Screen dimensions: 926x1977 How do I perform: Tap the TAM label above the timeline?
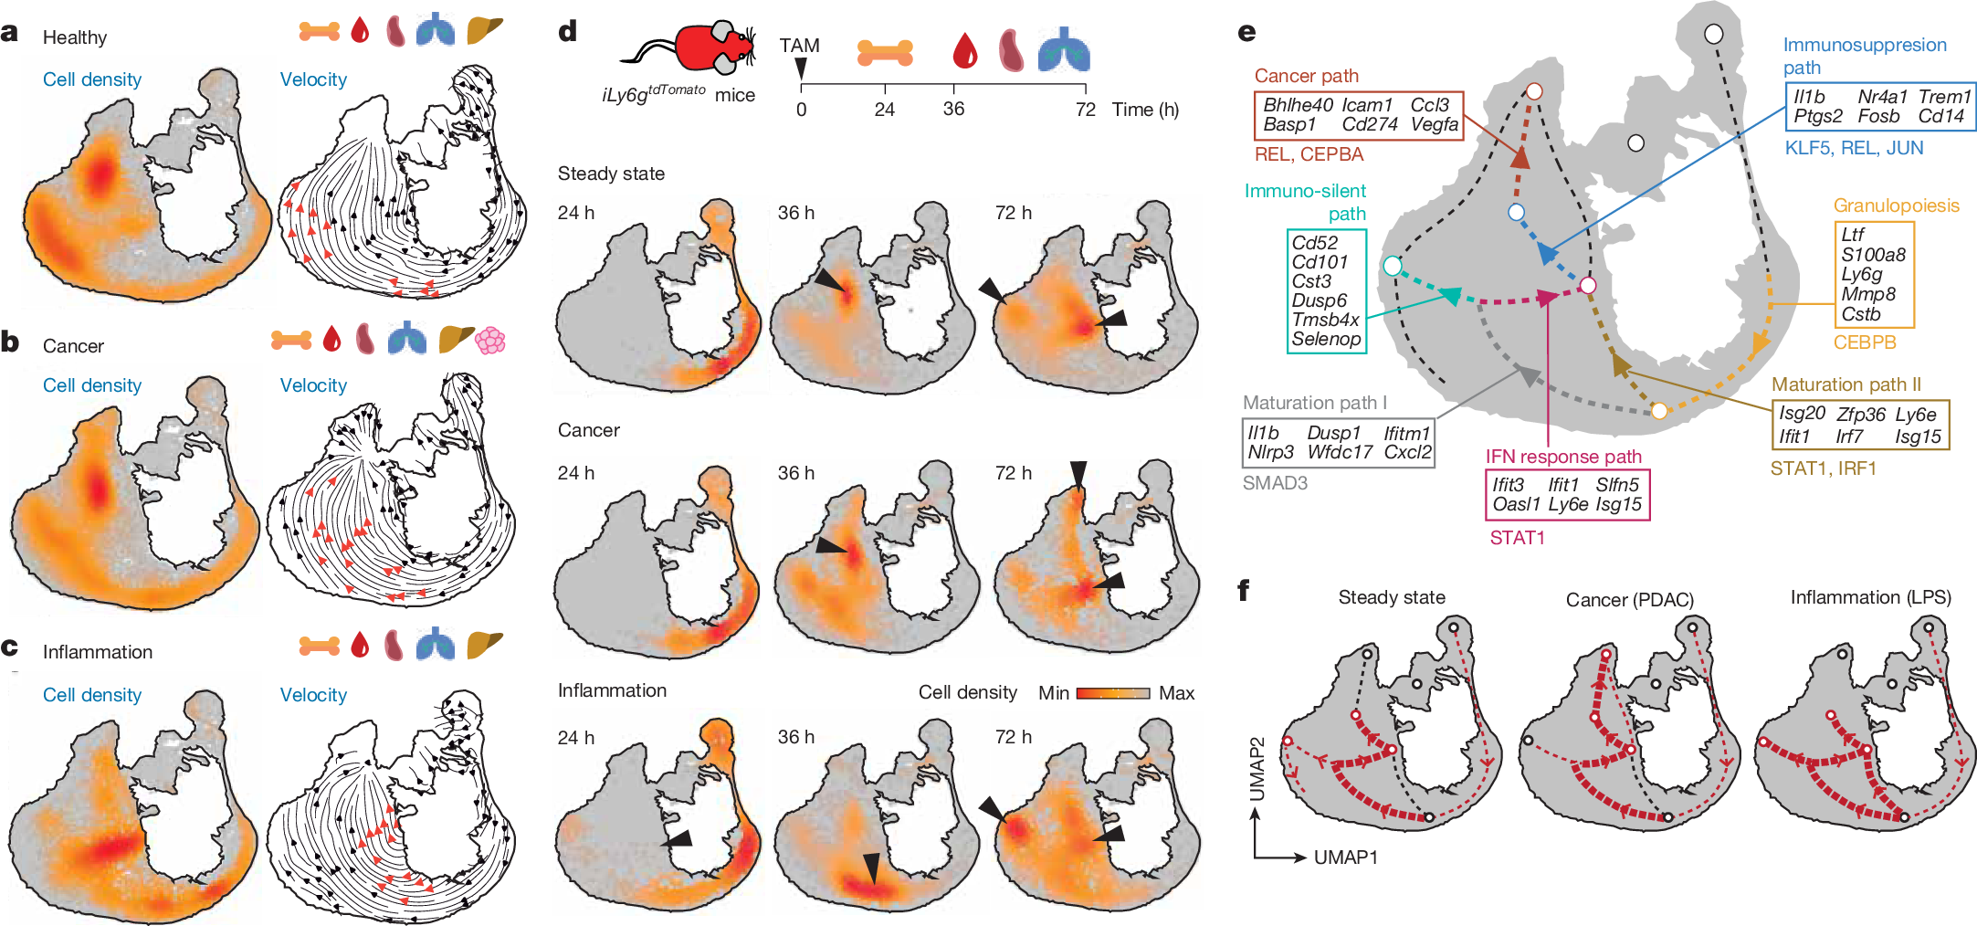799,46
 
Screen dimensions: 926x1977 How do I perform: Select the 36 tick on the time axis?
953,109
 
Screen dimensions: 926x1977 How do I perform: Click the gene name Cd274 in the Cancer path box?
1369,125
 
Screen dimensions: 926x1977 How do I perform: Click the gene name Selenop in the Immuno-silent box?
1326,339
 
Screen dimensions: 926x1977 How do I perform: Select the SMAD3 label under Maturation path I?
1275,483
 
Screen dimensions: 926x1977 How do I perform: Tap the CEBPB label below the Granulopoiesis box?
1865,342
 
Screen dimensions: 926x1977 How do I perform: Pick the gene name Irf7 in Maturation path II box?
1849,437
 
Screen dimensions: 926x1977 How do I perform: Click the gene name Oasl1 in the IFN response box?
1516,504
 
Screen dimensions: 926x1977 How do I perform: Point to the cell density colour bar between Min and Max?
1113,693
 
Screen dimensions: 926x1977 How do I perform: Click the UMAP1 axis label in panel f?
1346,858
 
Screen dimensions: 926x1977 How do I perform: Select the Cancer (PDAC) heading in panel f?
1629,600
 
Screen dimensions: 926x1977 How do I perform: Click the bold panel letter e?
1246,33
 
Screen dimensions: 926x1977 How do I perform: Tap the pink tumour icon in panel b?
490,341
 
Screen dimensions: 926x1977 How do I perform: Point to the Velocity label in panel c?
313,695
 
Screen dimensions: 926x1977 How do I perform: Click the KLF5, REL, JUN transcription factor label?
1854,148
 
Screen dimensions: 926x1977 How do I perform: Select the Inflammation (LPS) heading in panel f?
1870,598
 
